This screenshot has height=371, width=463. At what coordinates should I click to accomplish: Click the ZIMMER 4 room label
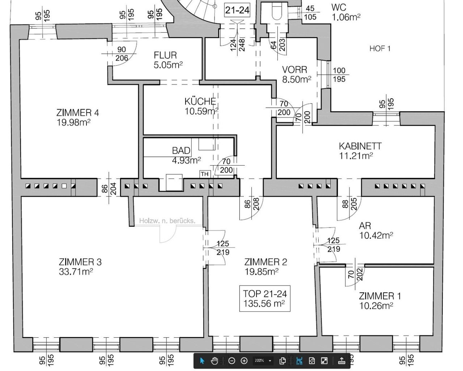point(77,113)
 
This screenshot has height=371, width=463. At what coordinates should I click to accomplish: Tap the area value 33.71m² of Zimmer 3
point(76,272)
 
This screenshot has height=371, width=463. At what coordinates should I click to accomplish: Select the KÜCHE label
point(200,101)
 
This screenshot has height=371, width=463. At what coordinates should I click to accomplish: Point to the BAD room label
point(181,150)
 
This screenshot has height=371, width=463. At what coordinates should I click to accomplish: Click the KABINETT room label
point(360,146)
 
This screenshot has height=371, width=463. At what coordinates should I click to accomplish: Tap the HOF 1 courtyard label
point(380,49)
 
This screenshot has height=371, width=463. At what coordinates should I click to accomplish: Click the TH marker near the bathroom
point(205,174)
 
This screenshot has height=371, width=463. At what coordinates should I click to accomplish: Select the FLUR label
point(165,55)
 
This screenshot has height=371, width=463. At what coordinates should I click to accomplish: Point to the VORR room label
point(295,70)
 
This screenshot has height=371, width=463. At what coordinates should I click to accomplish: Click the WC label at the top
point(339,7)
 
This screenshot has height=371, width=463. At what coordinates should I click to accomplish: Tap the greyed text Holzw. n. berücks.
point(167,220)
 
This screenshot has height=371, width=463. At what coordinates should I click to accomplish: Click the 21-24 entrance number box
point(237,10)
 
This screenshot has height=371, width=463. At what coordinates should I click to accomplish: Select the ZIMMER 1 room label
point(380,296)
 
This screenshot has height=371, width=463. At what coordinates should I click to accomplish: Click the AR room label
point(365,226)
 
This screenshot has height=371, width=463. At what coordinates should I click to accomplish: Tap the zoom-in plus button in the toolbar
point(244,361)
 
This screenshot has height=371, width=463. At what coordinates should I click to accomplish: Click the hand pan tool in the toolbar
point(214,361)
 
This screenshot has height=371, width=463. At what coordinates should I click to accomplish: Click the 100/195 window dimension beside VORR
point(339,75)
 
